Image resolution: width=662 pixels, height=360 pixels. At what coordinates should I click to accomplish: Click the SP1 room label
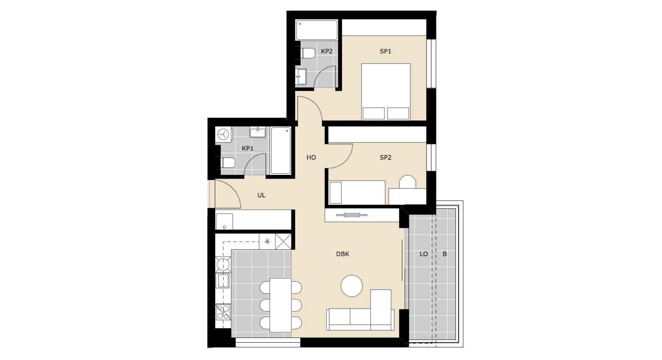click(x=385, y=51)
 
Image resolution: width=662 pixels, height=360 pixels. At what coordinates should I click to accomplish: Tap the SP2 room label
click(x=385, y=157)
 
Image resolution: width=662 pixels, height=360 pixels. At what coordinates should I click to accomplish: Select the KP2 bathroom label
click(x=327, y=51)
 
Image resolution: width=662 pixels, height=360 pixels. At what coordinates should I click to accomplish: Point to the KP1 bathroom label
click(x=248, y=149)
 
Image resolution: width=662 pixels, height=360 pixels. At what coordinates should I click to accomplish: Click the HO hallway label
click(x=311, y=157)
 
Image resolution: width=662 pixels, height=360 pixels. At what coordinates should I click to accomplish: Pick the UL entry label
click(x=261, y=195)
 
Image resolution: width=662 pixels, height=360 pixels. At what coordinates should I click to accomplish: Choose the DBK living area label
click(x=343, y=254)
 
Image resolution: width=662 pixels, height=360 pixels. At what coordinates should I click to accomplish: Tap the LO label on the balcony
click(x=424, y=254)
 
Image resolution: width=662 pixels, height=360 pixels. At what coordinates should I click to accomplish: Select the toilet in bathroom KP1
click(x=228, y=163)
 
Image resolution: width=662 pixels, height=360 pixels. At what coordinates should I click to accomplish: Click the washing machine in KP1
click(x=224, y=135)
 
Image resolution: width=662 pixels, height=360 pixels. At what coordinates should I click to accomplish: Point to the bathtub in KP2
click(x=317, y=30)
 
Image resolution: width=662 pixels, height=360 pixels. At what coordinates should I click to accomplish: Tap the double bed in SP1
click(x=386, y=92)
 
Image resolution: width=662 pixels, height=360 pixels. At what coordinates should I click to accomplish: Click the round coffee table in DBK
click(x=352, y=286)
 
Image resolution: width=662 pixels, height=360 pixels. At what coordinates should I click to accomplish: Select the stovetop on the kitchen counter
click(x=223, y=312)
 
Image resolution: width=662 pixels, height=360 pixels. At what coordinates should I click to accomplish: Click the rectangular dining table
click(x=281, y=305)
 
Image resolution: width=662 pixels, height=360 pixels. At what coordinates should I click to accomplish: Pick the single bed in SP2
click(x=357, y=192)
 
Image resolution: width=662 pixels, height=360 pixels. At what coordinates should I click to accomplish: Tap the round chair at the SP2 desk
click(x=407, y=182)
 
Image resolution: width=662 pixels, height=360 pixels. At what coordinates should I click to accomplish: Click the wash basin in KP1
click(x=258, y=132)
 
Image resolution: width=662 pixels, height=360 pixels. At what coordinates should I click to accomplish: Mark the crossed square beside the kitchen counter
click(x=283, y=242)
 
